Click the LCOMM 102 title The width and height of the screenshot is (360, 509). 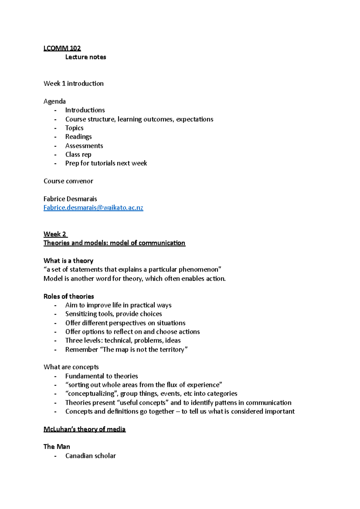pos(62,48)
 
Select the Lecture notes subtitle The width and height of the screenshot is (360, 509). pos(85,57)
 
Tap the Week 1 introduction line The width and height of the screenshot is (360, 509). pos(73,84)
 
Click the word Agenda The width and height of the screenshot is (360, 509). pos(55,101)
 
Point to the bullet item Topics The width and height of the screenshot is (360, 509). pos(74,128)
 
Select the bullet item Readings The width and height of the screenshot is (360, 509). pos(79,137)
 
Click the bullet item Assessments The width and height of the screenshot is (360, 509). pos(84,146)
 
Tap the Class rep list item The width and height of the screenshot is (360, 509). pos(78,154)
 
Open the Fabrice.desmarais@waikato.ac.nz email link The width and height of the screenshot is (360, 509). pos(93,208)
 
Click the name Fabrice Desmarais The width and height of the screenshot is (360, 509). pos(70,199)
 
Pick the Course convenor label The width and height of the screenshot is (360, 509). pos(68,181)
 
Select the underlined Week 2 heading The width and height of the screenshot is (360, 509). pos(55,234)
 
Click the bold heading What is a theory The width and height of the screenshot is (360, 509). pos(68,261)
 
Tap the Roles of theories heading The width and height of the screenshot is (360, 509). pos(69,296)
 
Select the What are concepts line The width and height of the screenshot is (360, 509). pos(71,367)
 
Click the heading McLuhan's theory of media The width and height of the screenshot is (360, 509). pos(85,429)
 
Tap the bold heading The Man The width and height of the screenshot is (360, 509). pos(57,447)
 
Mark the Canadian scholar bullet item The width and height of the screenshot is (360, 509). pos(90,456)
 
